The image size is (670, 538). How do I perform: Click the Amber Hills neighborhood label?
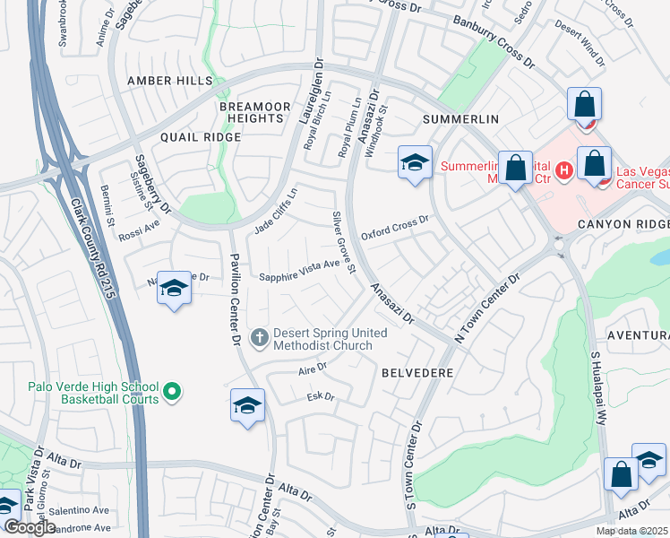click(x=170, y=81)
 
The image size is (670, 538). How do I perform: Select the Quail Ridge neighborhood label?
click(x=201, y=137)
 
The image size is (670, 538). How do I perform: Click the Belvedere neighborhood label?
click(x=417, y=371)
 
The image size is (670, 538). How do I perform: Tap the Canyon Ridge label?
click(x=623, y=224)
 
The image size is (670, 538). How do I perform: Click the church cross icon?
click(x=260, y=338)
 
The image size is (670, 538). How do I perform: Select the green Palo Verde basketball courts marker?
click(x=172, y=392)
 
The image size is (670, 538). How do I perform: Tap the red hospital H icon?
click(x=564, y=169)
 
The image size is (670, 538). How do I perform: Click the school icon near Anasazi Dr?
click(x=415, y=162)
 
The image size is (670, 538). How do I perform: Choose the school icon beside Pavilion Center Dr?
click(x=247, y=405)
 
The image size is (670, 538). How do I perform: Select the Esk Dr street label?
click(x=321, y=396)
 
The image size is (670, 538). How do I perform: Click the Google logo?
click(x=30, y=527)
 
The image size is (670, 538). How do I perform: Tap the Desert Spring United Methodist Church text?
click(x=330, y=339)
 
